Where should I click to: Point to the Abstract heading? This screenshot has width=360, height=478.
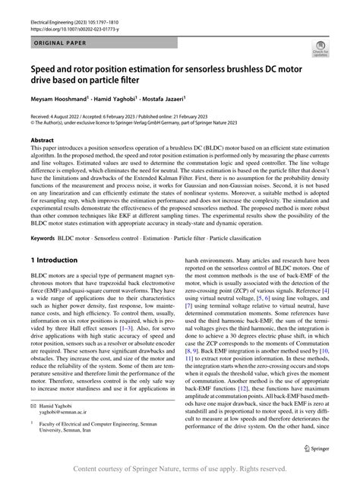(42, 141)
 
